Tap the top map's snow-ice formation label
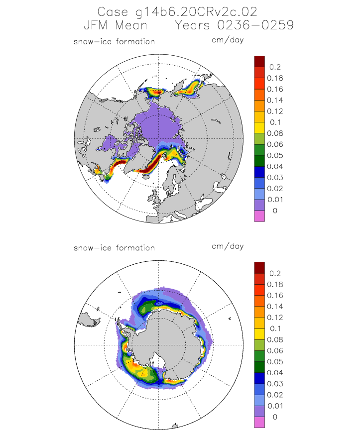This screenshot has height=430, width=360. [x=114, y=41]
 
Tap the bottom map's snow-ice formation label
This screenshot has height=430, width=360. [x=114, y=247]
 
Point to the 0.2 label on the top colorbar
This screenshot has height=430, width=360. [x=274, y=67]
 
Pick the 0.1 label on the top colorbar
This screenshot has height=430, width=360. [x=273, y=122]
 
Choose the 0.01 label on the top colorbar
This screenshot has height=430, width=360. [x=275, y=200]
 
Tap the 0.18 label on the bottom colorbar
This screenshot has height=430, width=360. [x=275, y=284]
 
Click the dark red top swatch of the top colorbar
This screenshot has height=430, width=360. [x=259, y=61]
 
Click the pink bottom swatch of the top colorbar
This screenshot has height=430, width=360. [x=259, y=216]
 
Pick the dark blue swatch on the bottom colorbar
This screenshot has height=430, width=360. [x=259, y=378]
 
